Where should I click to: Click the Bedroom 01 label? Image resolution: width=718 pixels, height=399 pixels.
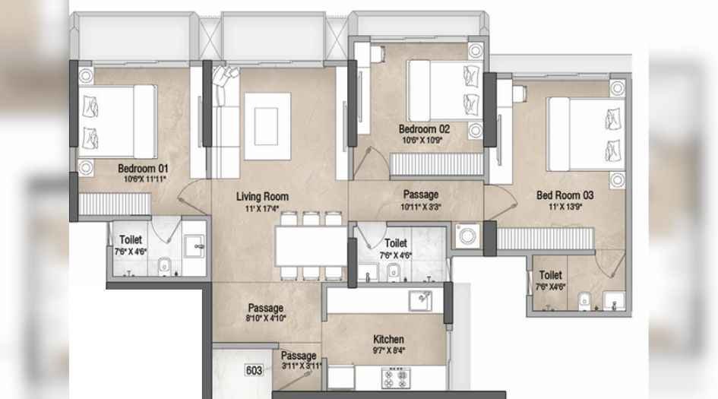click(142, 168)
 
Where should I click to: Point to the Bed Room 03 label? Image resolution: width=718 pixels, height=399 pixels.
click(565, 195)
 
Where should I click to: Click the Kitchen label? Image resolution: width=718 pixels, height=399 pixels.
click(387, 339)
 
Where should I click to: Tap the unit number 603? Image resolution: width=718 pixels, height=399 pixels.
click(255, 370)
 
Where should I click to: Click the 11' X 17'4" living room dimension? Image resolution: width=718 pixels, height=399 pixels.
click(261, 207)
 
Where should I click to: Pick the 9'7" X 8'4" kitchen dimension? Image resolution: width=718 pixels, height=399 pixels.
click(388, 351)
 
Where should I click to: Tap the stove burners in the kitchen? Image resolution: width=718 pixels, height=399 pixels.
click(396, 375)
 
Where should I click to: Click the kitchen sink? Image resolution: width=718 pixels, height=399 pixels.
click(419, 301)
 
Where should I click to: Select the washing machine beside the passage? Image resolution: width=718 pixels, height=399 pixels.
click(465, 236)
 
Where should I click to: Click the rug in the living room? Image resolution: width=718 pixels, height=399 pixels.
click(266, 126)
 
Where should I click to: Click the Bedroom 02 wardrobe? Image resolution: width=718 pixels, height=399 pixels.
click(437, 164)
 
